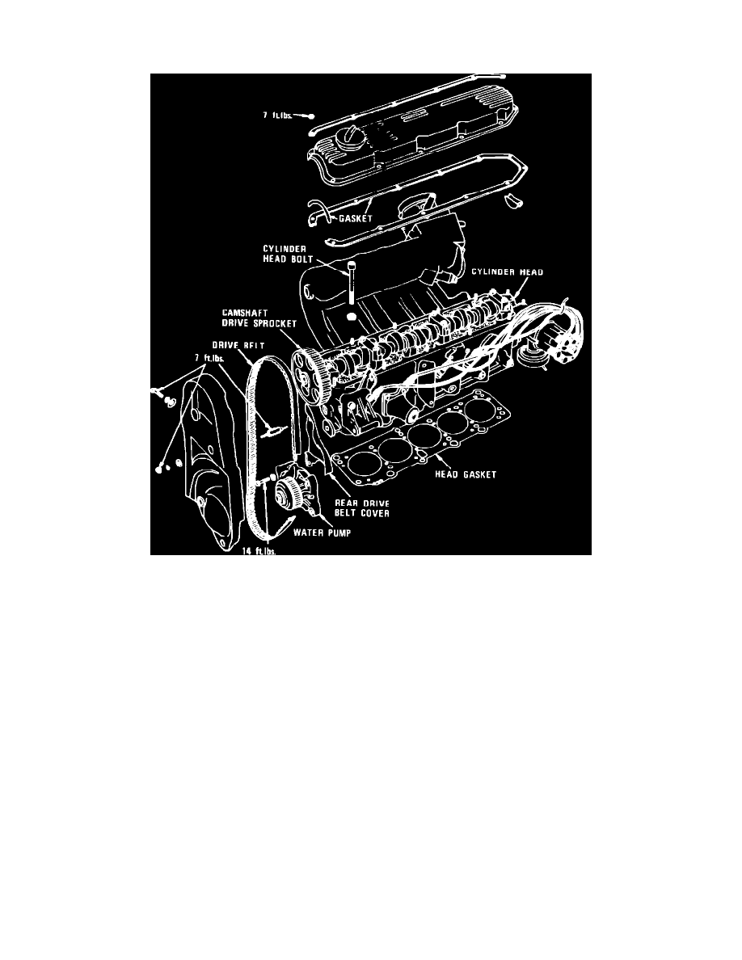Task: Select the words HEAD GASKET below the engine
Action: point(466,474)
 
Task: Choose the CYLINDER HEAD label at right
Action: point(508,273)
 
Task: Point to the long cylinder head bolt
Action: point(352,283)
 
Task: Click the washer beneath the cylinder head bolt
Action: point(352,318)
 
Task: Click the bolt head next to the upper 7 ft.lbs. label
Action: point(310,116)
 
